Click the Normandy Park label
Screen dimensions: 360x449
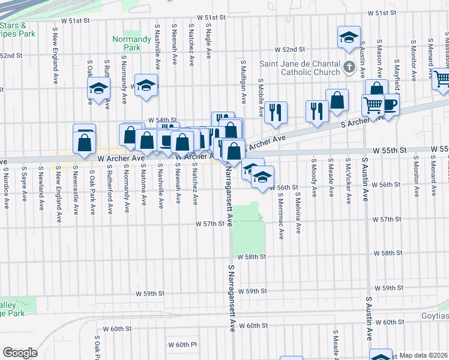(126, 43)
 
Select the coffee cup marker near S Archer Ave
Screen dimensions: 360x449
(389, 105)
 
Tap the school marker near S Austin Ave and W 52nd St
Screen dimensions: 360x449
(348, 38)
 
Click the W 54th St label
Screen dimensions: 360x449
(163, 119)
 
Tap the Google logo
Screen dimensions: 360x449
(20, 353)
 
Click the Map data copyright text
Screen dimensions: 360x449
(423, 355)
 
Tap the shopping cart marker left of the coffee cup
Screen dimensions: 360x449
(373, 105)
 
